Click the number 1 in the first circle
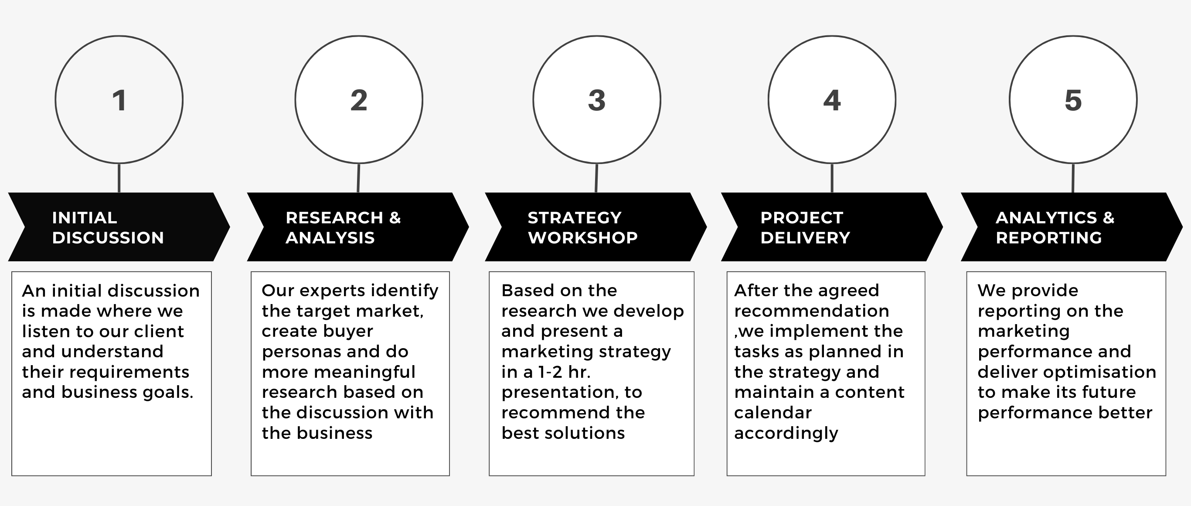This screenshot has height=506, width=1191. [x=119, y=100]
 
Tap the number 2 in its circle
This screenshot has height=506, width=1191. [x=359, y=100]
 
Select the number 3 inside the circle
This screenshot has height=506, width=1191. [x=596, y=100]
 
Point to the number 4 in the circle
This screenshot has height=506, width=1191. [x=832, y=100]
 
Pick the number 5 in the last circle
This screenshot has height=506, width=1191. [x=1073, y=100]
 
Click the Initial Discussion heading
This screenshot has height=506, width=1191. [x=108, y=228]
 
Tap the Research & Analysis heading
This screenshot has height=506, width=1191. [x=343, y=228]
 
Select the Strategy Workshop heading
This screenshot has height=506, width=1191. [x=582, y=228]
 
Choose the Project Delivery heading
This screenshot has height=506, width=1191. [x=805, y=228]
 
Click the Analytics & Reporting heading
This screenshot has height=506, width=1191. [x=1055, y=228]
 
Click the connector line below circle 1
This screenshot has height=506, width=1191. [x=119, y=178]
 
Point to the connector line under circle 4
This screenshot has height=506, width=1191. [x=832, y=178]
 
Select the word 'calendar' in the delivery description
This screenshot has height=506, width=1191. [x=772, y=413]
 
